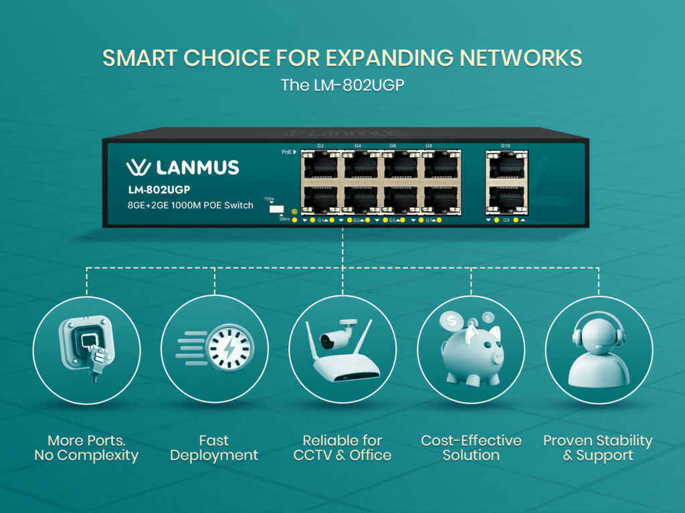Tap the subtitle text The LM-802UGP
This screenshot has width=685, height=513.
click(342, 85)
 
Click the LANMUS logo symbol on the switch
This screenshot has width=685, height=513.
click(137, 168)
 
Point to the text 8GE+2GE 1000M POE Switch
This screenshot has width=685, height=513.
click(191, 205)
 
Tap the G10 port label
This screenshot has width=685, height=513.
click(505, 146)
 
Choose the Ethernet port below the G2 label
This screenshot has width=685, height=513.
click(320, 164)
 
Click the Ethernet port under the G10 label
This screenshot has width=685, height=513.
click(505, 164)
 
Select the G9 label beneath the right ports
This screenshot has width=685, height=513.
click(505, 220)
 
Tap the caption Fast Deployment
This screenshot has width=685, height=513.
click(213, 448)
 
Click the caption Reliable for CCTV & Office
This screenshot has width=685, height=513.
click(342, 448)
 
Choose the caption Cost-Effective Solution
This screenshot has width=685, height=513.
click(471, 448)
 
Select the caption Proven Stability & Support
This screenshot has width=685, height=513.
click(597, 448)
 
